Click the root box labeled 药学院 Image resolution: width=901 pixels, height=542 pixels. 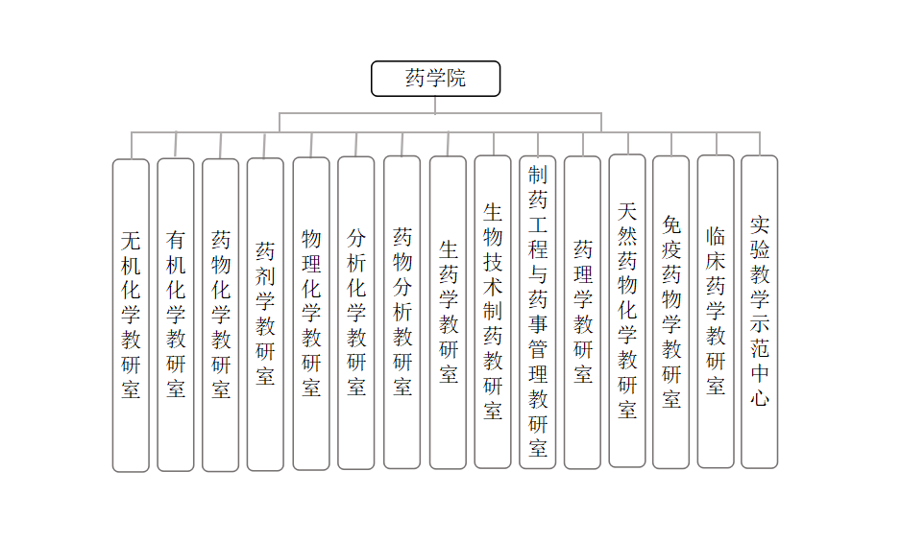tap(435, 79)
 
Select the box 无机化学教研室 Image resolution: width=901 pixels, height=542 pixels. tap(131, 315)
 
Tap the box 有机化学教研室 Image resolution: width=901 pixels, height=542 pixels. tap(176, 314)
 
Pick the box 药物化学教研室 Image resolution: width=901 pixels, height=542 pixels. tap(221, 315)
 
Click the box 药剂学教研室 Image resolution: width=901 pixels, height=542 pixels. tap(265, 314)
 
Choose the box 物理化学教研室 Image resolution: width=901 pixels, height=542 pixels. tap(311, 314)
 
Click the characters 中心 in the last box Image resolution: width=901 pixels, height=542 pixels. tap(760, 384)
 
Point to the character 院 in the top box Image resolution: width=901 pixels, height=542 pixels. tap(456, 79)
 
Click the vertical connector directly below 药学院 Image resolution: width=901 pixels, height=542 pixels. tap(435, 105)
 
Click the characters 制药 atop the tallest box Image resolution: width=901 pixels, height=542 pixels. tap(538, 187)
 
